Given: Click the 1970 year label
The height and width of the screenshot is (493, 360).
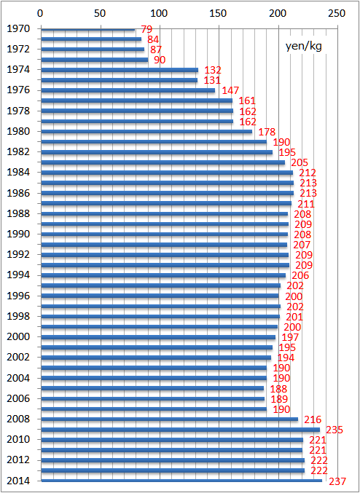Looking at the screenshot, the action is click(x=18, y=29).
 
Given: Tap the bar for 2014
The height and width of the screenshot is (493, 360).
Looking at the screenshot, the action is click(x=181, y=481).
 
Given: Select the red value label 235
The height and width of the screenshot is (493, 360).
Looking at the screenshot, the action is click(x=334, y=430).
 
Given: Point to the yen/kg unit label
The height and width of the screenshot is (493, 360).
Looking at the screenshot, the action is click(x=304, y=47).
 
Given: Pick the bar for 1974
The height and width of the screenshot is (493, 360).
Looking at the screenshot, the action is click(x=120, y=70).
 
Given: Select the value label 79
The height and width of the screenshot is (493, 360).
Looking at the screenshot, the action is click(x=146, y=29).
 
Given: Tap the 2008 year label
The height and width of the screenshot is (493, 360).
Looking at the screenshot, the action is click(x=18, y=419).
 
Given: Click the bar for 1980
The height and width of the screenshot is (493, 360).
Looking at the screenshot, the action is click(x=146, y=131).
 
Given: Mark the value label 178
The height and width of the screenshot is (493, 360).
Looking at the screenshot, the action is click(x=267, y=132).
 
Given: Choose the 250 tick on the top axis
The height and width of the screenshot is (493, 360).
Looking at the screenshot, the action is click(x=337, y=14).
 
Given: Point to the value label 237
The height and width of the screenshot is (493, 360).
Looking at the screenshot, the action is click(x=337, y=481).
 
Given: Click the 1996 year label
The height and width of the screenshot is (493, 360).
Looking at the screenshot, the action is click(x=18, y=296).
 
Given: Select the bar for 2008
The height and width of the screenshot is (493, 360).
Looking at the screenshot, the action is click(x=170, y=419).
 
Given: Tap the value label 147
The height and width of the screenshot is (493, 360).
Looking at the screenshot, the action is click(x=231, y=91).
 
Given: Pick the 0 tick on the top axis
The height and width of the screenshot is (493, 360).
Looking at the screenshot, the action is click(x=40, y=14).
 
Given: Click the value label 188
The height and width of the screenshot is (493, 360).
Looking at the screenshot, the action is click(x=278, y=389).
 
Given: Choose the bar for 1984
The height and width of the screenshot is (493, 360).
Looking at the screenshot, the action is click(x=167, y=173).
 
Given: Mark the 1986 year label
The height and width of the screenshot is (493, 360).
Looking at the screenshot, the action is click(x=18, y=193).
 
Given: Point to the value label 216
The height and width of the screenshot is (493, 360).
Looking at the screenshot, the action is click(x=313, y=419).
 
